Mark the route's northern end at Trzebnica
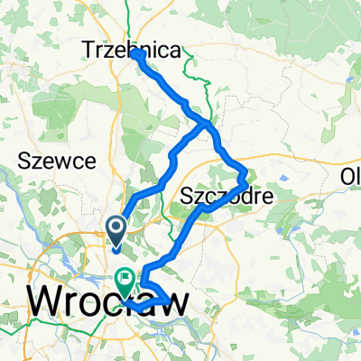137,54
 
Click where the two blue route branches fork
208,122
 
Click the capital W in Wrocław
50,301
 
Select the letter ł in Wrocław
153,301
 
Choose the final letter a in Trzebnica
174,51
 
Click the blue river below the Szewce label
18,194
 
